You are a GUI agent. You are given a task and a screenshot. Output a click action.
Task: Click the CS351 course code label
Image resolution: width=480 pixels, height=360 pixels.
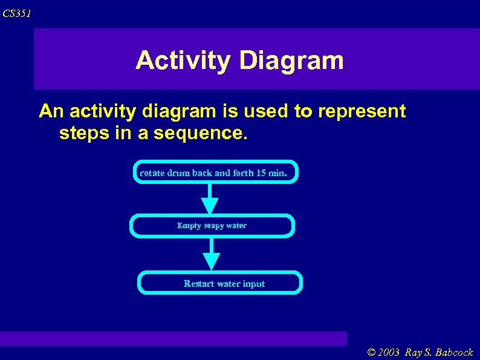[x=16, y=13]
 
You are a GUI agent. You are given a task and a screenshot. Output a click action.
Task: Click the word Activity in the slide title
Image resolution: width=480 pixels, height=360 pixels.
[x=183, y=61]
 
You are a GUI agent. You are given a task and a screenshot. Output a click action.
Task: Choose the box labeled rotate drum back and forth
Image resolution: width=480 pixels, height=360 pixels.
[x=215, y=172]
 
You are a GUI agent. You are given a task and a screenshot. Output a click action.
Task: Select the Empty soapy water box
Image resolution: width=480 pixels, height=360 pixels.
[x=212, y=226]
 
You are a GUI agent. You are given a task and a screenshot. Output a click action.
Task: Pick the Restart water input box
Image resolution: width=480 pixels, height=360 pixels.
[x=220, y=283]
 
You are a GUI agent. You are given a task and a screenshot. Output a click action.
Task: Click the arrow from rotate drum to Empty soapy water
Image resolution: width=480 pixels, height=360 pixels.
[x=210, y=198]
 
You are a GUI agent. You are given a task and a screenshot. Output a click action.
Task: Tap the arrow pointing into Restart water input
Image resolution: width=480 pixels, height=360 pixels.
[x=211, y=254]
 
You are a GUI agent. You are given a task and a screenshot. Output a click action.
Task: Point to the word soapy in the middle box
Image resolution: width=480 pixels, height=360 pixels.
[x=214, y=226]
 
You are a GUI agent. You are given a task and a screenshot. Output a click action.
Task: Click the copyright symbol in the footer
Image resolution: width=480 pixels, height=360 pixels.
[x=371, y=352]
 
